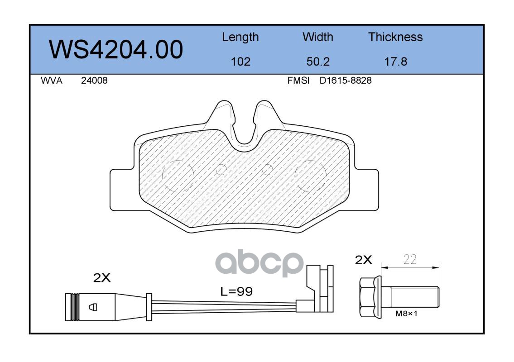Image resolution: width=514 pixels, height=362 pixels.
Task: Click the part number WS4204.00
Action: click(x=116, y=49)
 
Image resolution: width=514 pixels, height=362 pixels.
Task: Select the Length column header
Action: click(x=240, y=38)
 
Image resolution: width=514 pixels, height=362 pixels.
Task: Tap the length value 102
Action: click(x=240, y=62)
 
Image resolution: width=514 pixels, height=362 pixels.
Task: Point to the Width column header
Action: click(x=317, y=37)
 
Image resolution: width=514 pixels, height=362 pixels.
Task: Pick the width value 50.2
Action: click(x=318, y=62)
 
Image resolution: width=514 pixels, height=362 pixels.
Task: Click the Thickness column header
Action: click(x=395, y=37)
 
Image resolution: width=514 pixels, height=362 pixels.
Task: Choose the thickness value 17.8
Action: click(x=396, y=62)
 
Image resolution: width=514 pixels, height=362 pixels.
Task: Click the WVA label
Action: click(x=52, y=81)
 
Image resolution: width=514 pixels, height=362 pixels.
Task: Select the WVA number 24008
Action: click(x=94, y=81)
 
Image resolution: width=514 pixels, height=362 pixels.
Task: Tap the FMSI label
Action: click(x=298, y=81)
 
